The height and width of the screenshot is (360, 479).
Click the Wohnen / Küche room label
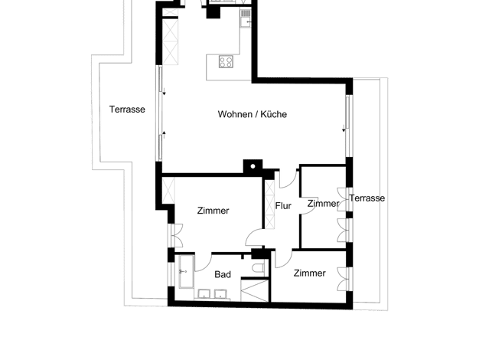coord(253,114)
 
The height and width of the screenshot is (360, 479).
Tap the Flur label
coord(283,206)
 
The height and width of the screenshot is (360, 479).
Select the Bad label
coord(223,274)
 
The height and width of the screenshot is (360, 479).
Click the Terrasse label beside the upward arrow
coord(127,110)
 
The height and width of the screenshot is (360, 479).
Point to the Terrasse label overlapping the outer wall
coord(367,198)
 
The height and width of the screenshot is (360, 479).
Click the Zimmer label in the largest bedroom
coord(213,211)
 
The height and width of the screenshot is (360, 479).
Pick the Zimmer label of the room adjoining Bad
coord(309,273)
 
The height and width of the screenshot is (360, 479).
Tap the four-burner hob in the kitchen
coord(226,62)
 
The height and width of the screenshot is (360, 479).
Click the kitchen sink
coord(246,18)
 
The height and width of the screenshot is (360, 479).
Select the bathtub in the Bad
coord(187,272)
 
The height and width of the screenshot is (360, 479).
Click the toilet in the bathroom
coord(259,268)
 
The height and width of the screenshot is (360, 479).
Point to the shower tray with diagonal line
coord(255,290)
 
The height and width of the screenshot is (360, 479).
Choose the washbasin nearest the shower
coord(220,294)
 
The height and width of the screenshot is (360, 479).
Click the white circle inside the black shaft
coord(253,166)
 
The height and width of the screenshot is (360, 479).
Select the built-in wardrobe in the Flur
coord(270,205)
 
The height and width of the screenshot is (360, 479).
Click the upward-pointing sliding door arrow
coord(164,134)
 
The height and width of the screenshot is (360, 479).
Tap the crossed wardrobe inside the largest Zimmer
coord(168,191)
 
